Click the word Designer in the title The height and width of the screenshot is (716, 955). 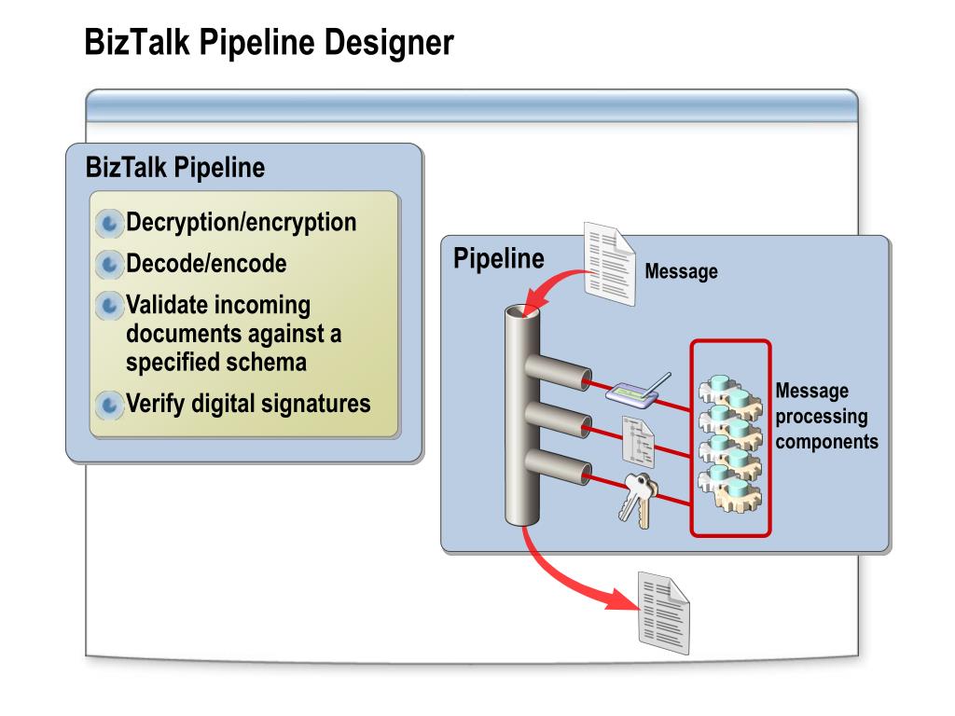click(x=389, y=43)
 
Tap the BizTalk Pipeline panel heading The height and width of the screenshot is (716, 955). click(x=174, y=168)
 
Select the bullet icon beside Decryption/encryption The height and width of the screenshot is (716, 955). click(x=109, y=224)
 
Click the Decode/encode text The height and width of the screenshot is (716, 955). click(x=206, y=264)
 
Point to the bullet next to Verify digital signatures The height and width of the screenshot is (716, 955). click(x=109, y=405)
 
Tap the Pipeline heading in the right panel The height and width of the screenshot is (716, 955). click(x=499, y=259)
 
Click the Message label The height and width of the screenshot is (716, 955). click(x=681, y=271)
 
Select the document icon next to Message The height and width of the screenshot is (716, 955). click(x=609, y=264)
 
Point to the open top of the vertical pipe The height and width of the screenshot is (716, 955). click(x=522, y=311)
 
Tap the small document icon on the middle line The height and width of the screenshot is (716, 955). click(x=638, y=441)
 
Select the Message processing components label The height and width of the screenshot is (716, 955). click(x=826, y=416)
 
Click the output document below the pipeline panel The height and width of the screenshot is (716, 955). click(x=663, y=613)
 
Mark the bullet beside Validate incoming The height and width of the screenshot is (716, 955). click(x=109, y=305)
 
